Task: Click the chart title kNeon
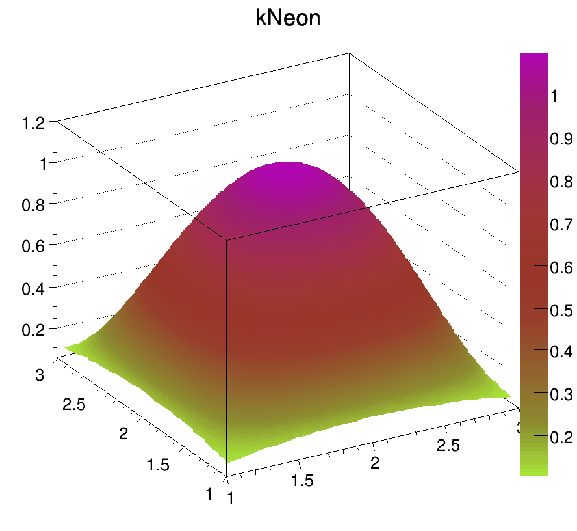[288, 19]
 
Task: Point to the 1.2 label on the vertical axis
[33, 122]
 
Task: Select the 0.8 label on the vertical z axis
[33, 206]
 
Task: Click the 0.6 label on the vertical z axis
[33, 247]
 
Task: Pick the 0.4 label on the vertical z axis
[33, 288]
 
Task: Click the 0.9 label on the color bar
[561, 138]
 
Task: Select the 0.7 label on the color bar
[561, 225]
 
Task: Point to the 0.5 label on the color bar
[561, 310]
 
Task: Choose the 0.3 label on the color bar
[561, 394]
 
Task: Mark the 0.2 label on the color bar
[561, 437]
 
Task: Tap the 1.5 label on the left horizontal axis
[158, 464]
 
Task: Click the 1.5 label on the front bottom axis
[302, 480]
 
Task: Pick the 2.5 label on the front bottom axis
[447, 445]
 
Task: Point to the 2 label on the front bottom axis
[374, 463]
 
